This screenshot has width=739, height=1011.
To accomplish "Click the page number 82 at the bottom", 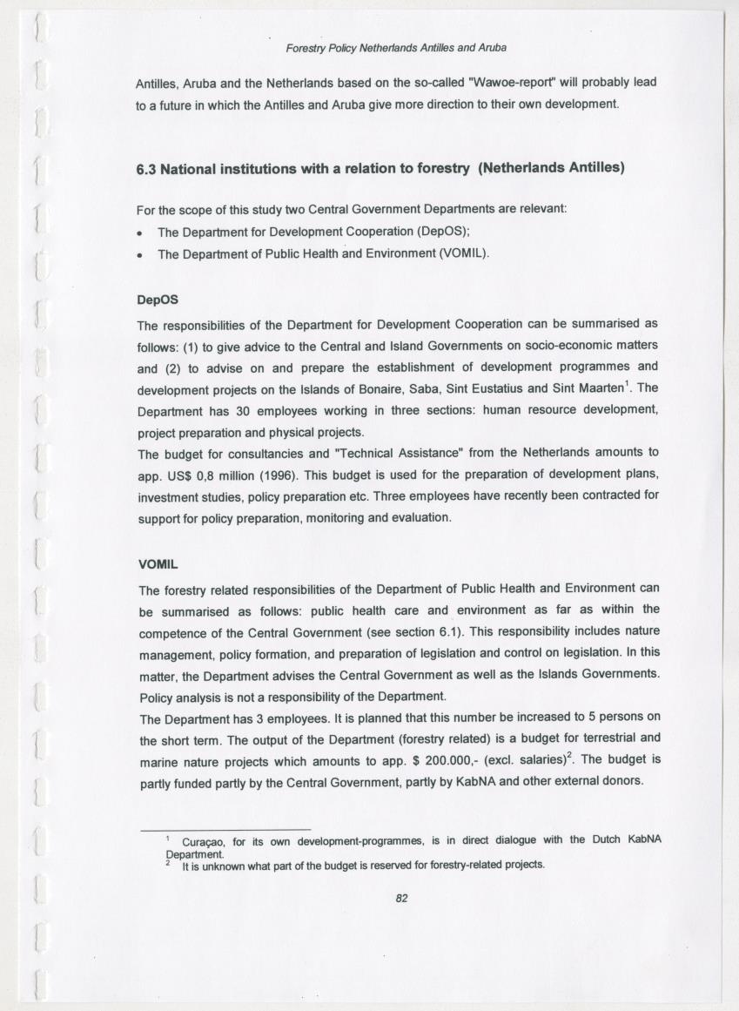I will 401,899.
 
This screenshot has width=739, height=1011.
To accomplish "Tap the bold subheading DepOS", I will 158,299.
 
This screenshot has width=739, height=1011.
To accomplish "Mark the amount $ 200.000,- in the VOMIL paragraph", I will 440,758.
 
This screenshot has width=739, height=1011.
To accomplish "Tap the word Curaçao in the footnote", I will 205,840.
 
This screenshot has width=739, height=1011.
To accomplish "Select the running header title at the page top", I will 396,47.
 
